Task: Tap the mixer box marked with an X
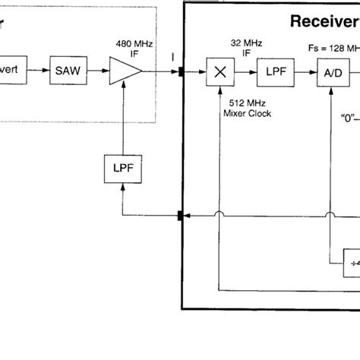pos(220,73)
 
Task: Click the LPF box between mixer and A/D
pos(273,73)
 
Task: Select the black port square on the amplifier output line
pos(181,73)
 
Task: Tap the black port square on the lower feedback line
pos(181,217)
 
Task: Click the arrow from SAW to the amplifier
pos(97,73)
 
